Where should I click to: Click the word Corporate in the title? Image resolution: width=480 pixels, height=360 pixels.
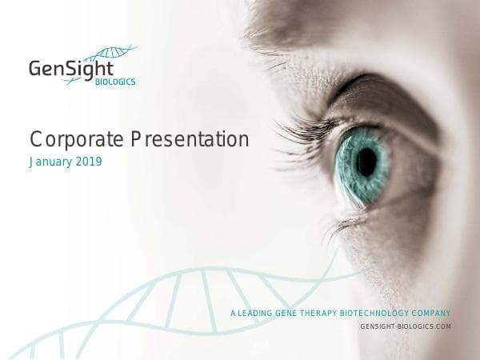(66, 139)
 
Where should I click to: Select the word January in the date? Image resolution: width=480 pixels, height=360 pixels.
(52, 162)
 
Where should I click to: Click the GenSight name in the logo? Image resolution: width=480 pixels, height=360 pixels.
(71, 67)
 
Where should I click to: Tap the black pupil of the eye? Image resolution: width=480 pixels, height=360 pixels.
(366, 162)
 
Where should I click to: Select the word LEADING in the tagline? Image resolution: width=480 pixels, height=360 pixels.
(254, 313)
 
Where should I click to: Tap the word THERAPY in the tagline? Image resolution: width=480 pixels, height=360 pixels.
(324, 313)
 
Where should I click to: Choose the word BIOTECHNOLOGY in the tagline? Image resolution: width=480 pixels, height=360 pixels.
(382, 313)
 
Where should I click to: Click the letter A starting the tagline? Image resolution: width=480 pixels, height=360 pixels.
(232, 313)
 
